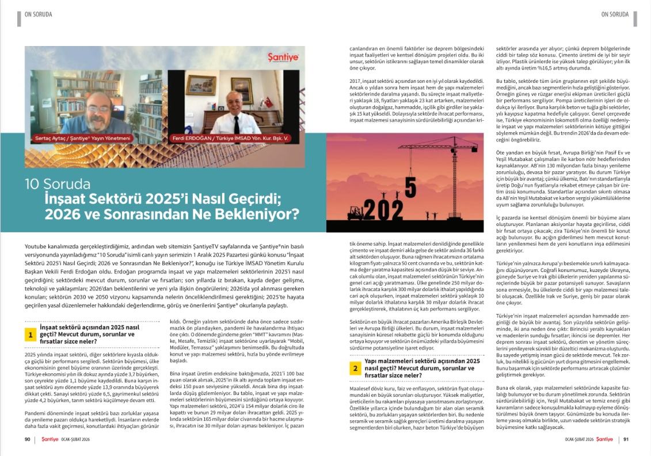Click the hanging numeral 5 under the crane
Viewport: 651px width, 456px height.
[410, 186]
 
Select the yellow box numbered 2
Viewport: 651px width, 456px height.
[356, 368]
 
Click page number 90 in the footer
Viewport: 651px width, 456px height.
[27, 439]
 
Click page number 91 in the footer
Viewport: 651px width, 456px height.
[625, 439]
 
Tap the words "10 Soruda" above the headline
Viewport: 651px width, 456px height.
[58, 184]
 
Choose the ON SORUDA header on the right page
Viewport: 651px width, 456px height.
[614, 14]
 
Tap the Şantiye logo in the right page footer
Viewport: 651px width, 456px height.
[604, 439]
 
